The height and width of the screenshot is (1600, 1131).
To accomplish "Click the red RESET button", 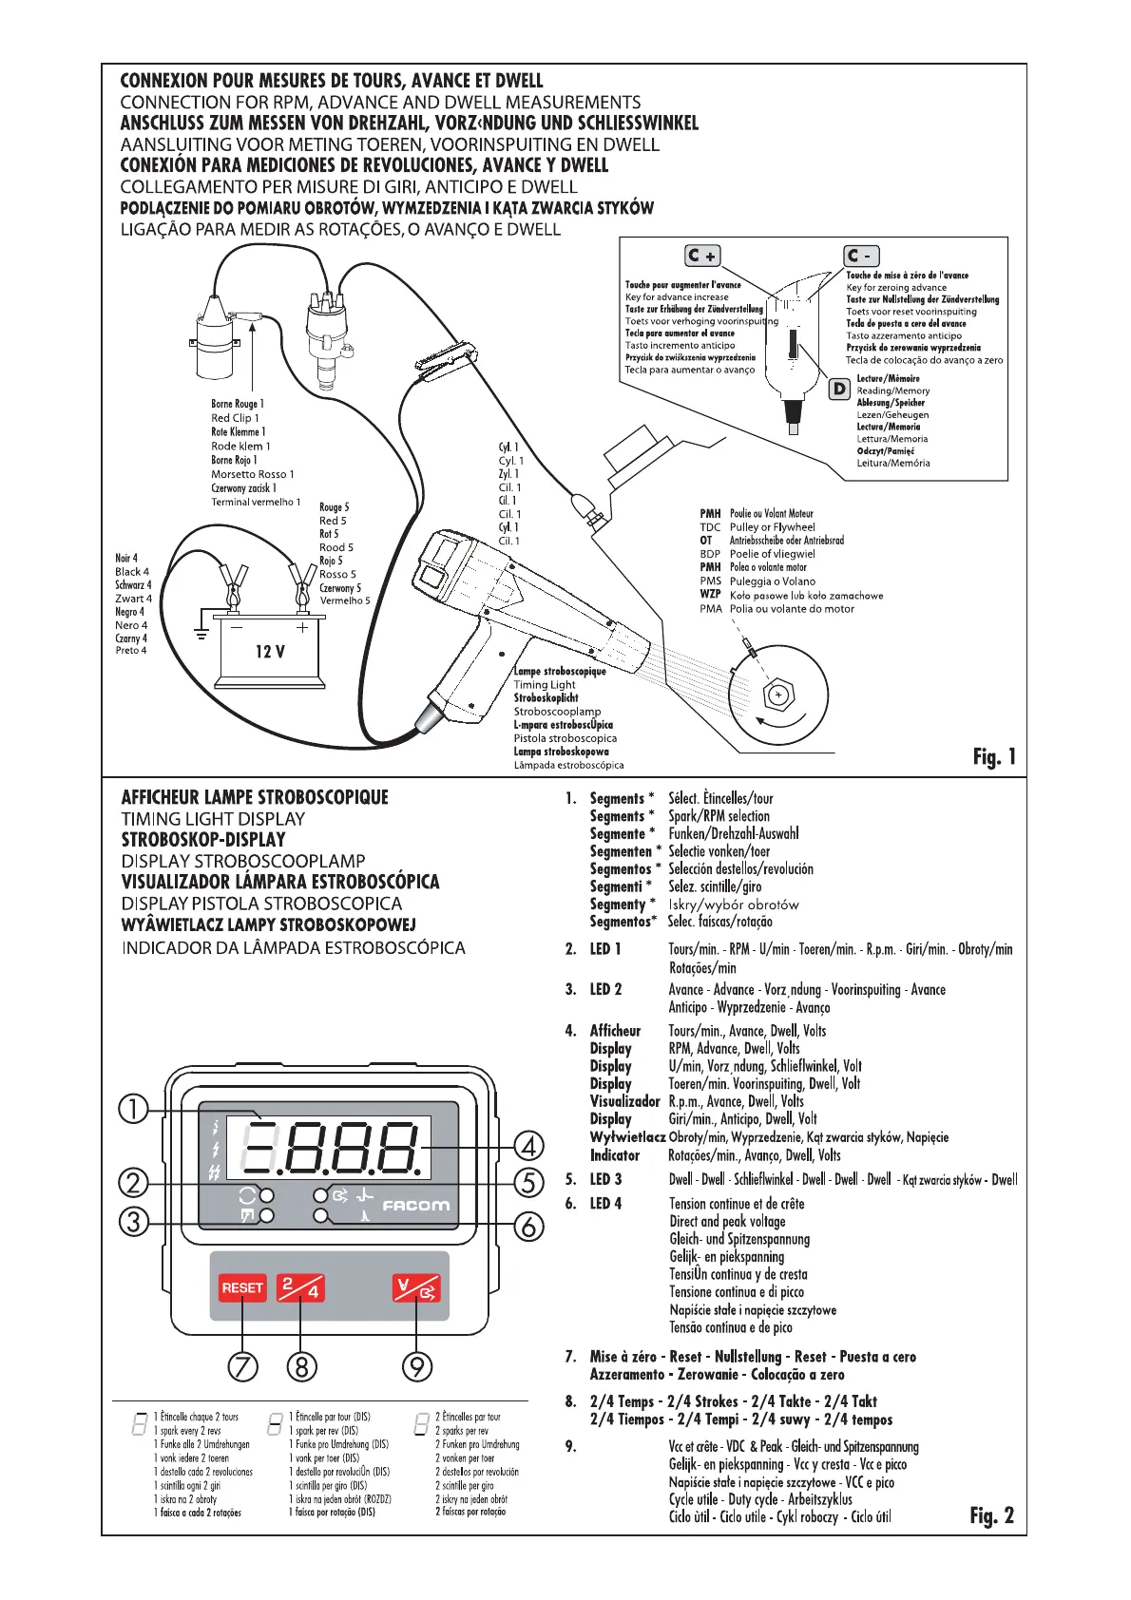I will click(x=241, y=1287).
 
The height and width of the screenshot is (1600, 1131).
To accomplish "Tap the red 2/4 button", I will click(x=300, y=1287).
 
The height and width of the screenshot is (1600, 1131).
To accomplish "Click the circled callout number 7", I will click(x=242, y=1366).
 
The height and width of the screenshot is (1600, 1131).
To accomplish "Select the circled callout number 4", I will click(x=528, y=1146).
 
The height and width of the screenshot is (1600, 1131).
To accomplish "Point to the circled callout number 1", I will click(x=134, y=1109).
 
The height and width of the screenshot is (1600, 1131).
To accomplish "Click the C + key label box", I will click(x=703, y=256).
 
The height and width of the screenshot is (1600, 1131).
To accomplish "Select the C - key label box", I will click(x=861, y=256).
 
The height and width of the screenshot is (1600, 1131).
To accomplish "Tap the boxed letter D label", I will click(x=839, y=389).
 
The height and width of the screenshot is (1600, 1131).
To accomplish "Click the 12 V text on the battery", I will click(x=270, y=652).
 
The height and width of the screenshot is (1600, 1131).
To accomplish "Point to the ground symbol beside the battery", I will click(x=201, y=633).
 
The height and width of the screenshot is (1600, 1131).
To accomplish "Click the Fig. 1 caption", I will click(x=994, y=756).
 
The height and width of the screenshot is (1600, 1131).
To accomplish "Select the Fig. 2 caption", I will click(x=991, y=1514).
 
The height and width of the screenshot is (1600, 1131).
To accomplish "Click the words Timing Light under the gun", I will click(x=545, y=684).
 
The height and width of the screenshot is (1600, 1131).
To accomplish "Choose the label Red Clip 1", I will click(x=235, y=418).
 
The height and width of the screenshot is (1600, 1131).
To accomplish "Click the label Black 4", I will click(x=132, y=572).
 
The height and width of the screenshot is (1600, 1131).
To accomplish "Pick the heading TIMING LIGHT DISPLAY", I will click(x=213, y=818).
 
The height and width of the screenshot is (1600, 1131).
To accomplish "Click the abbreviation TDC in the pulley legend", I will click(x=710, y=527).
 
